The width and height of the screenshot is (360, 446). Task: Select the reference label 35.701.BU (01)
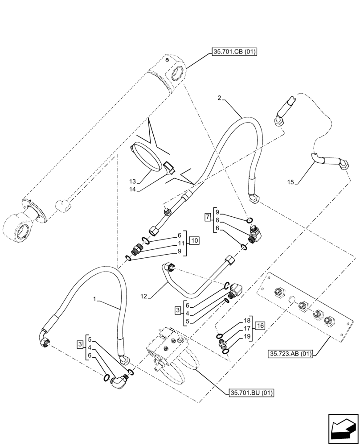(251, 393)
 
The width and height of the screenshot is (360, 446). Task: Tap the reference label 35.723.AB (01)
(291, 354)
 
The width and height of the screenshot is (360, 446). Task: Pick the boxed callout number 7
(208, 217)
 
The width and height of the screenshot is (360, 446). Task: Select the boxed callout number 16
(260, 326)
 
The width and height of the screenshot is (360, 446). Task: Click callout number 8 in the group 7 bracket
(217, 220)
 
